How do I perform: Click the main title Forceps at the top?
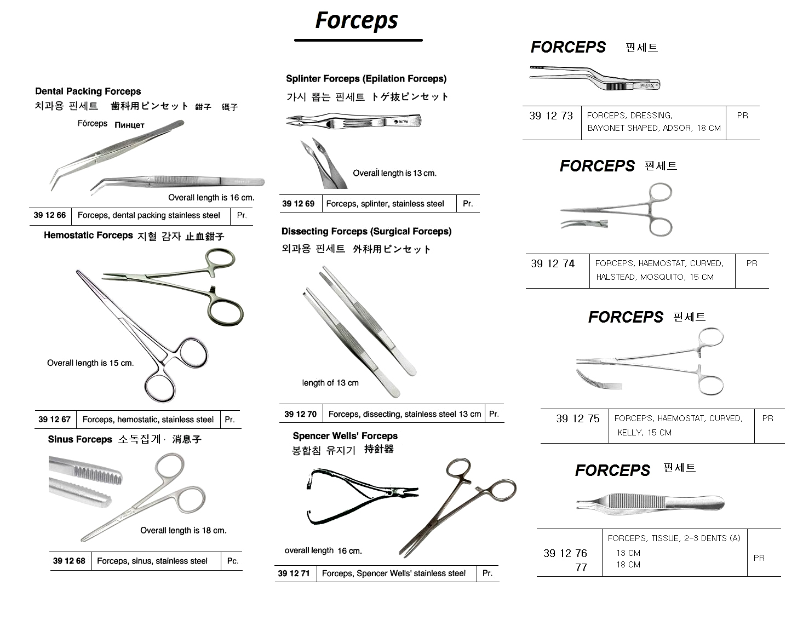click(357, 21)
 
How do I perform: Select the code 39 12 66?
click(50, 215)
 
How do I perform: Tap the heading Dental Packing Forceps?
click(88, 91)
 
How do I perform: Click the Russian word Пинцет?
click(129, 125)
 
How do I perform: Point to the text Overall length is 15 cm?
click(90, 363)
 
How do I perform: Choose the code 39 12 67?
click(54, 420)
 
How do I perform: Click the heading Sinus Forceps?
click(80, 439)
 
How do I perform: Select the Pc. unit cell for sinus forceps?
click(233, 561)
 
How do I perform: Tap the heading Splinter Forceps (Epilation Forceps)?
click(366, 79)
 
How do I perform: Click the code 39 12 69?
click(298, 204)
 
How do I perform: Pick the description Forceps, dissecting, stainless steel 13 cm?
click(404, 414)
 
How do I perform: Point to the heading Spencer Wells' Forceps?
click(345, 436)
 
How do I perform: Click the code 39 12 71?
click(294, 573)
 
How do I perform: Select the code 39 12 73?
click(551, 116)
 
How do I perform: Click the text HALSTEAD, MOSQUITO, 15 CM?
click(655, 277)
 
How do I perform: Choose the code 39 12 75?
click(578, 418)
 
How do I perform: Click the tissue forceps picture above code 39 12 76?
click(650, 503)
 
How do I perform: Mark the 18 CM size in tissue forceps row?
click(628, 565)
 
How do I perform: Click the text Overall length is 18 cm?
click(183, 530)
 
